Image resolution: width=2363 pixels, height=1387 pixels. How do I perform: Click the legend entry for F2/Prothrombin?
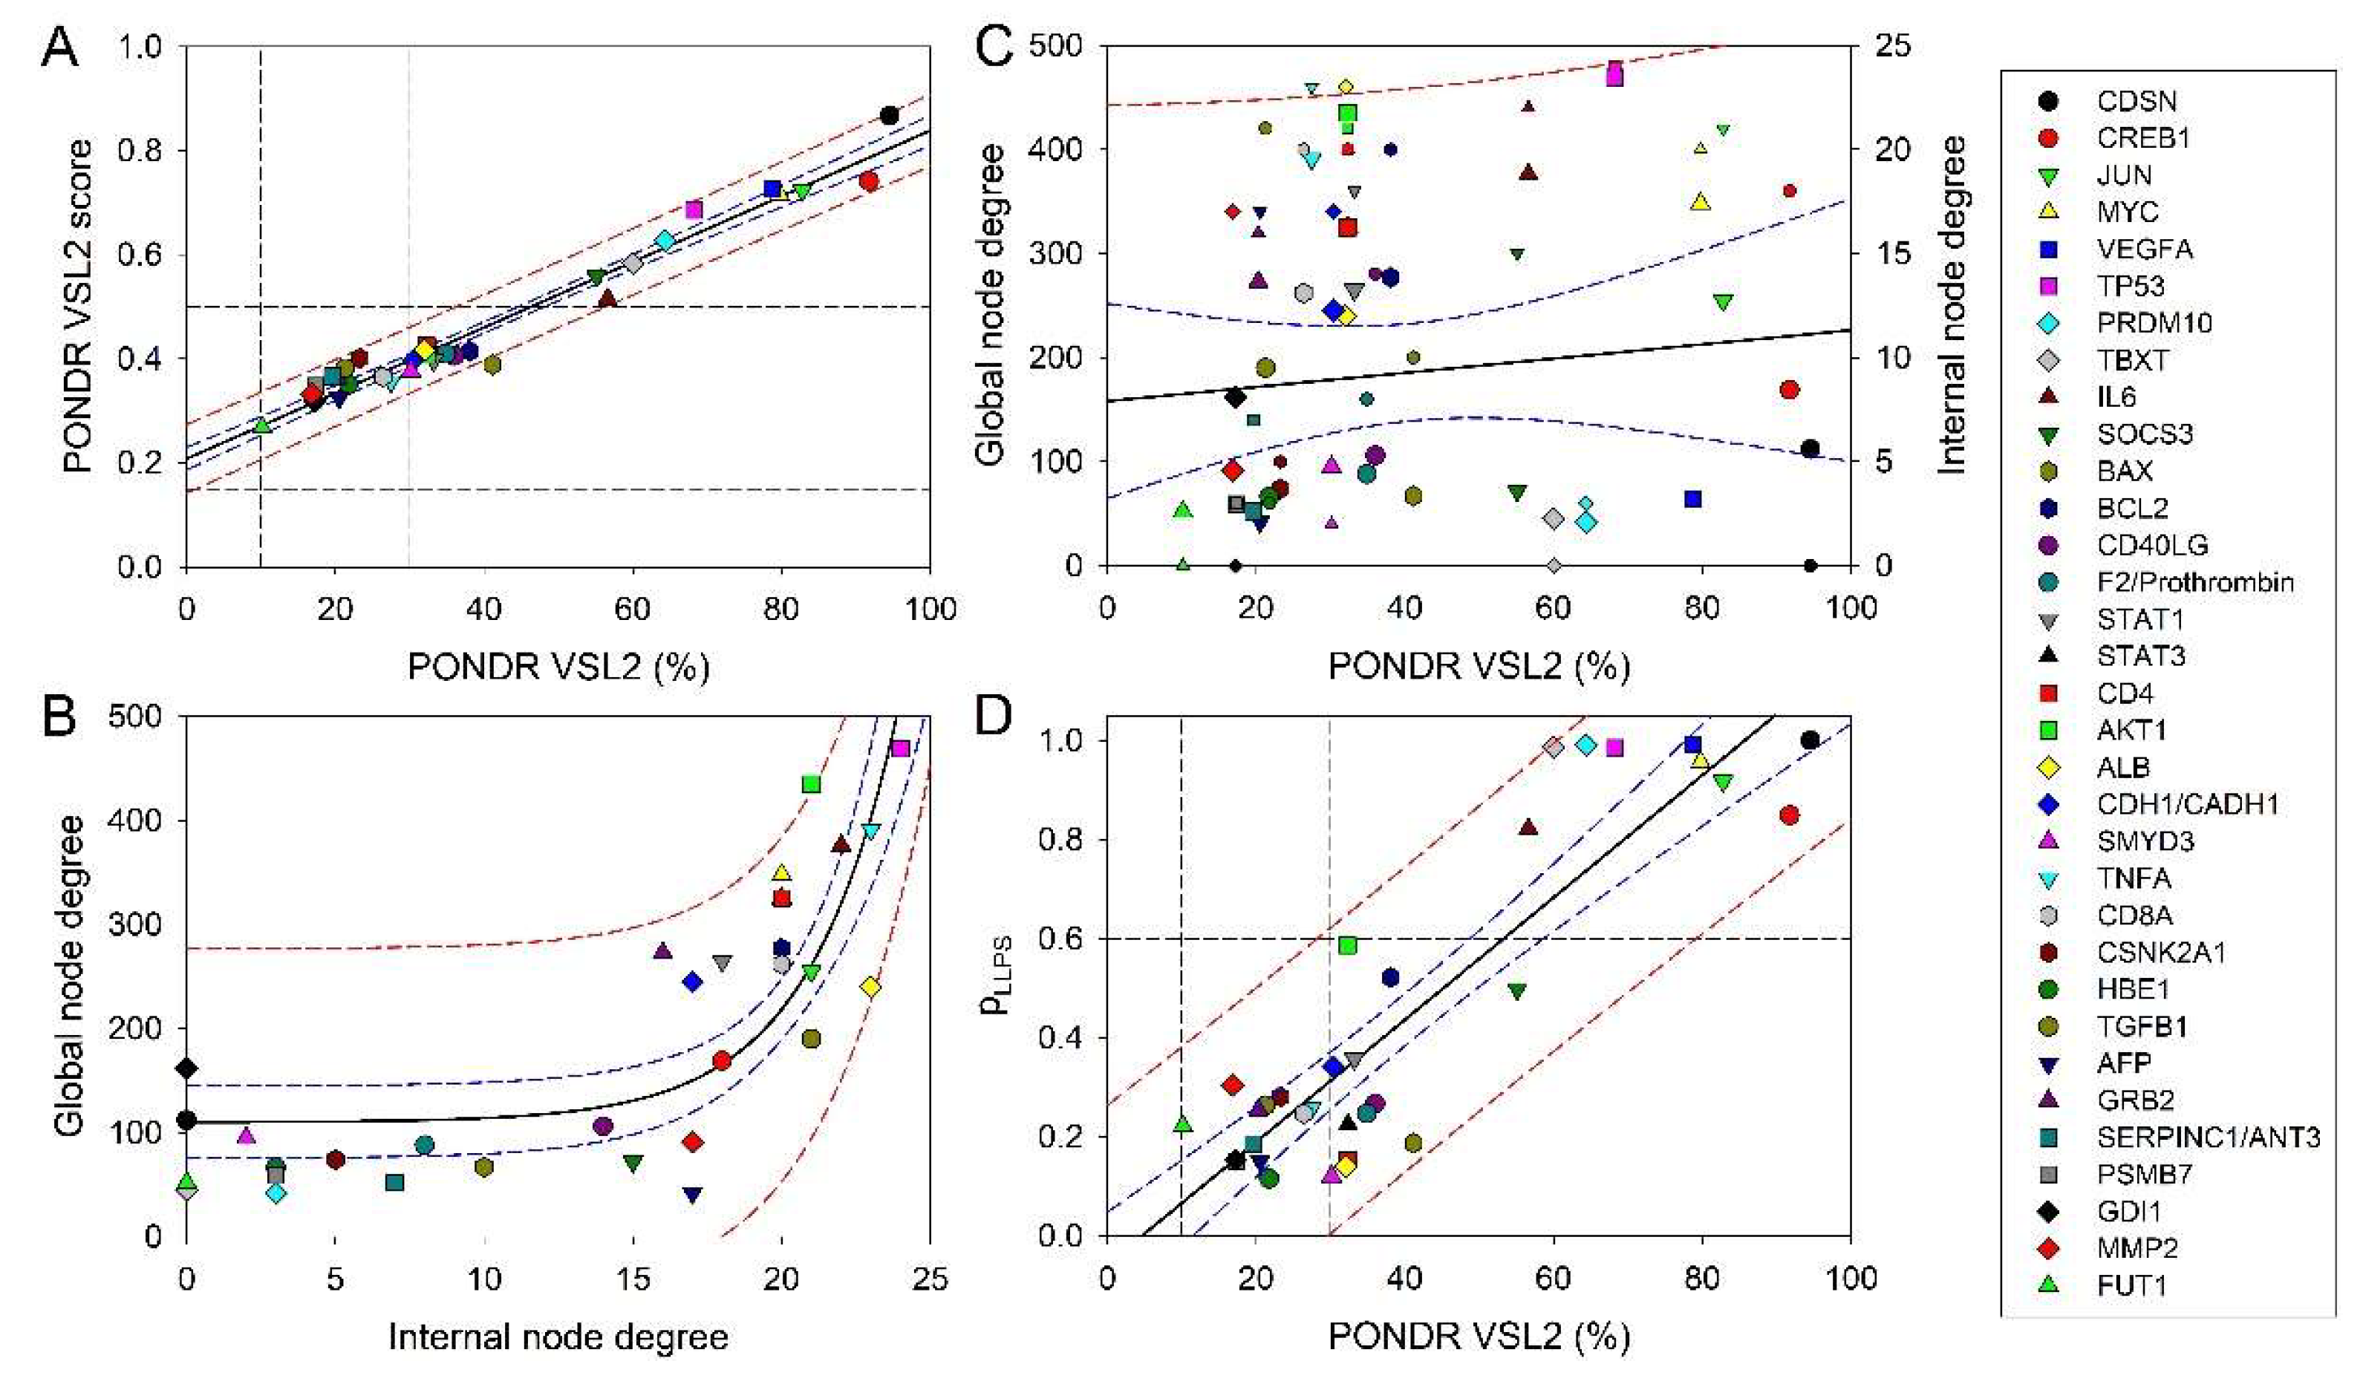click(2194, 581)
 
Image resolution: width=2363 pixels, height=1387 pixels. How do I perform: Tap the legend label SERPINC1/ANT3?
click(2207, 1137)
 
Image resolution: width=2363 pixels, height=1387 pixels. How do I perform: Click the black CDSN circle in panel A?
click(889, 115)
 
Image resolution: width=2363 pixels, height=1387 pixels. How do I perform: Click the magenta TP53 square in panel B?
click(900, 748)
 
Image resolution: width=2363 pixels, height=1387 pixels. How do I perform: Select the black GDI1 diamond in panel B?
click(186, 1068)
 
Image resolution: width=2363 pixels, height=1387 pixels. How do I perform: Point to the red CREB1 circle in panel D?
click(1788, 815)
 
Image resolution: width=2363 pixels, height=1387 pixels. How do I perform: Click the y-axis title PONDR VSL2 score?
click(79, 306)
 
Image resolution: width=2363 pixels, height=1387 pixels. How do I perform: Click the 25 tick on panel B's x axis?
click(929, 1278)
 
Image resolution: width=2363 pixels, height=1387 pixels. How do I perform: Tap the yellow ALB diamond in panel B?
click(870, 987)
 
